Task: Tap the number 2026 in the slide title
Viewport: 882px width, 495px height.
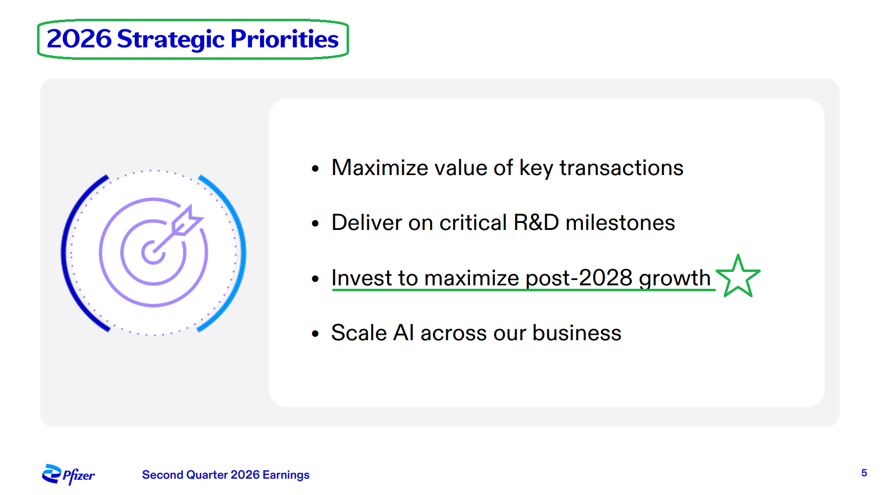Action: [79, 39]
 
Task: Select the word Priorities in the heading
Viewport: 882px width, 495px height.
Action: [285, 39]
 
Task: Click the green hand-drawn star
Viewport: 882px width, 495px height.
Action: [738, 276]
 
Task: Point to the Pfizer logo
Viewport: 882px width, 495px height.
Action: [68, 475]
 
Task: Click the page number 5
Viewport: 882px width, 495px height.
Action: [864, 473]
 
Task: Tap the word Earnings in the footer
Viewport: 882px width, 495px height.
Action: [286, 475]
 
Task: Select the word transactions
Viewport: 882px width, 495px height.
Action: [621, 168]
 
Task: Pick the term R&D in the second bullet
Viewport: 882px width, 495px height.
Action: [536, 223]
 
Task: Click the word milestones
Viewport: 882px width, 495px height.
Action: [620, 223]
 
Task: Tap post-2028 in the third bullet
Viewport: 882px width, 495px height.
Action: [579, 278]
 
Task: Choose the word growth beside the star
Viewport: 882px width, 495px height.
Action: [675, 278]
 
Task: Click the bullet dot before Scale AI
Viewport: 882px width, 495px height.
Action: [315, 334]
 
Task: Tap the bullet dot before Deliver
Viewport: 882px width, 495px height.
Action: [315, 224]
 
